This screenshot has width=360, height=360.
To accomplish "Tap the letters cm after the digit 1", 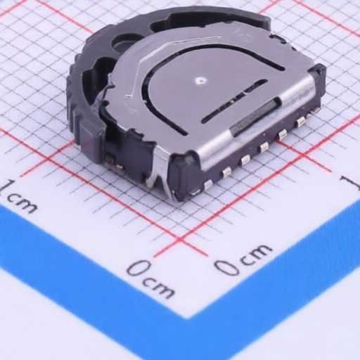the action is [22, 204].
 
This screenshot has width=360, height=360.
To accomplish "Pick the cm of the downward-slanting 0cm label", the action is [160, 288].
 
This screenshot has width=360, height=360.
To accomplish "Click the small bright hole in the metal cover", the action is [200, 81].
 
